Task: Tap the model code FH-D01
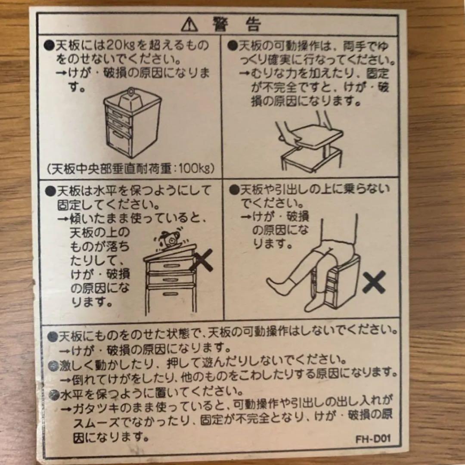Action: coord(373,440)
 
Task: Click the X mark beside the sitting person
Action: coord(373,284)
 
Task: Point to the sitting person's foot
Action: coord(276,283)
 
